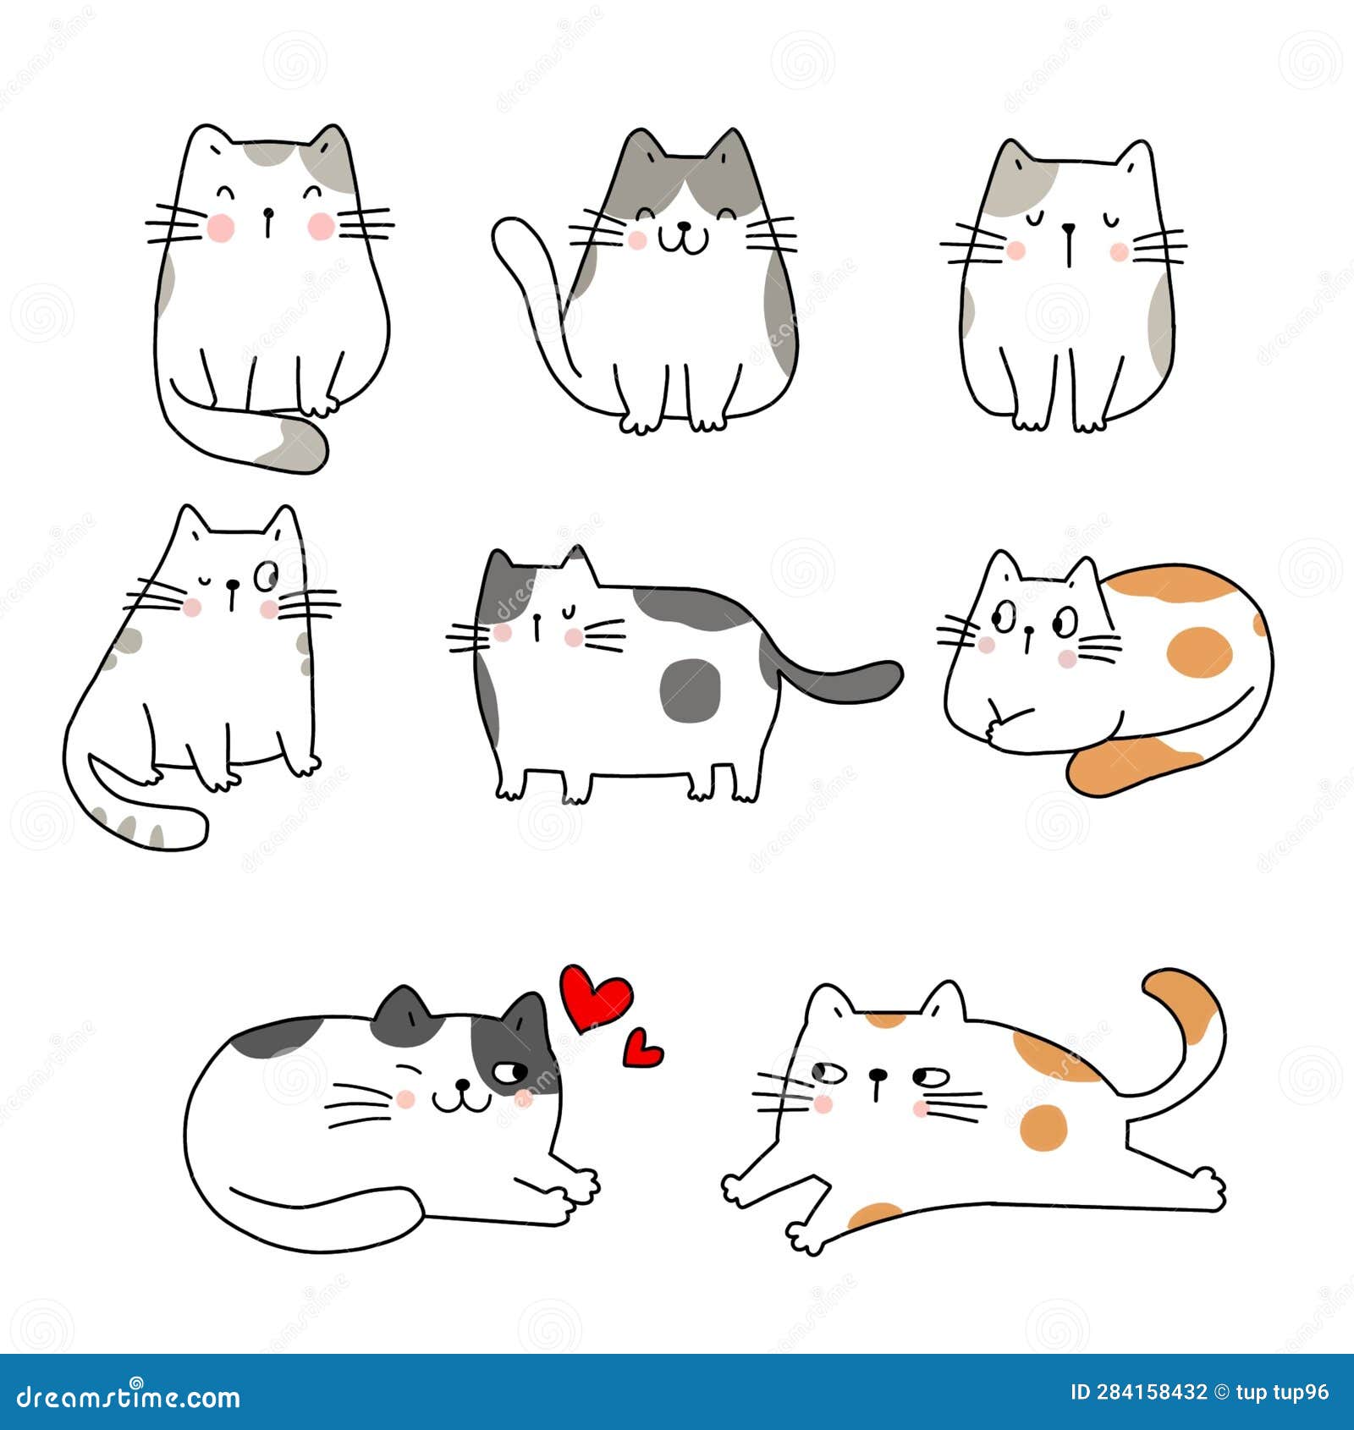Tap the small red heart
[x=642, y=1049]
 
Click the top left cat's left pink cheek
[x=221, y=226]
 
